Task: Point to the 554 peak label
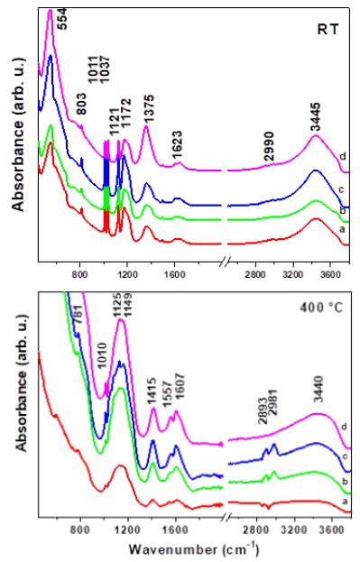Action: coord(61,16)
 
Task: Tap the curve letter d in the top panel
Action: coord(344,157)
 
